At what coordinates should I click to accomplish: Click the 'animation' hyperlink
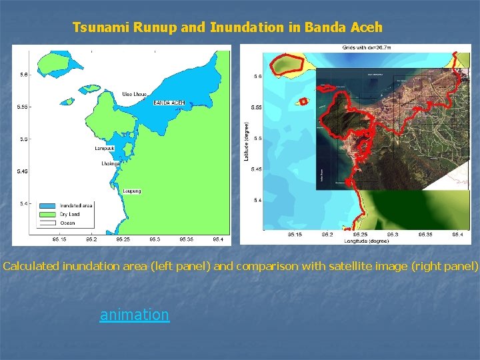pos(134,314)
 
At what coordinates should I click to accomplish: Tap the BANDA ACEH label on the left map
pos(169,103)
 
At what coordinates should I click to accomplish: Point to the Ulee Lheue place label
pos(135,93)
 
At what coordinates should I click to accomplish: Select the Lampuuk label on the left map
pos(104,148)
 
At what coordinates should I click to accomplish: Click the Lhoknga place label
pos(110,163)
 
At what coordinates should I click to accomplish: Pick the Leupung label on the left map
pos(132,191)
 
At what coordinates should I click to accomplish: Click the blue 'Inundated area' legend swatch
pos(48,205)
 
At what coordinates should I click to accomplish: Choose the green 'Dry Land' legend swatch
pos(48,214)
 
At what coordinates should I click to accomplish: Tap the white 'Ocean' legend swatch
pos(48,222)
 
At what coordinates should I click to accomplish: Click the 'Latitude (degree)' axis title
pos(246,140)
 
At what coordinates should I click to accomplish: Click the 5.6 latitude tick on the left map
pos(24,75)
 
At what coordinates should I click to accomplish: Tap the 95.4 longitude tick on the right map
pos(457,235)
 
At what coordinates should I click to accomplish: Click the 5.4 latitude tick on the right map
pos(257,200)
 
